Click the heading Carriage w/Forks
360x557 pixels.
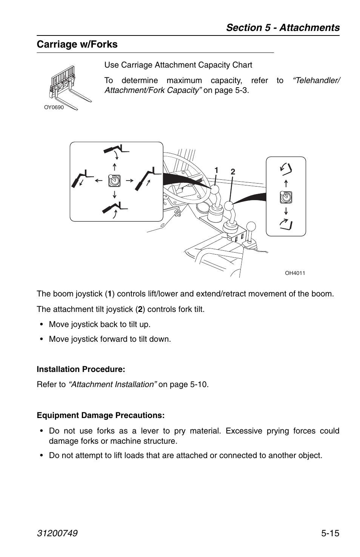pos(77,45)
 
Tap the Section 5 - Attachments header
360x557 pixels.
pos(283,28)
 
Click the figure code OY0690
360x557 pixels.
pos(54,107)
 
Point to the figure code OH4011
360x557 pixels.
pos(295,273)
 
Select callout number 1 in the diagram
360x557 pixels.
pos(216,170)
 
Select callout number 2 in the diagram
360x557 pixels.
pos(233,172)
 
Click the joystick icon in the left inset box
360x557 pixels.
pos(114,181)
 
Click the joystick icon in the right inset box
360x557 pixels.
pos(286,197)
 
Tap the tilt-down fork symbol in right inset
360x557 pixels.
pos(286,224)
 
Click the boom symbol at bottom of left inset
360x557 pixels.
pos(115,208)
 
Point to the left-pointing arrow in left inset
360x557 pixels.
pos(99,181)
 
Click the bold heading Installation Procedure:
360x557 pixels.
pos(81,369)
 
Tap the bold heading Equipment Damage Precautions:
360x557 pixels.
pos(101,415)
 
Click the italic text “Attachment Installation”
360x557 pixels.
pos(112,384)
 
